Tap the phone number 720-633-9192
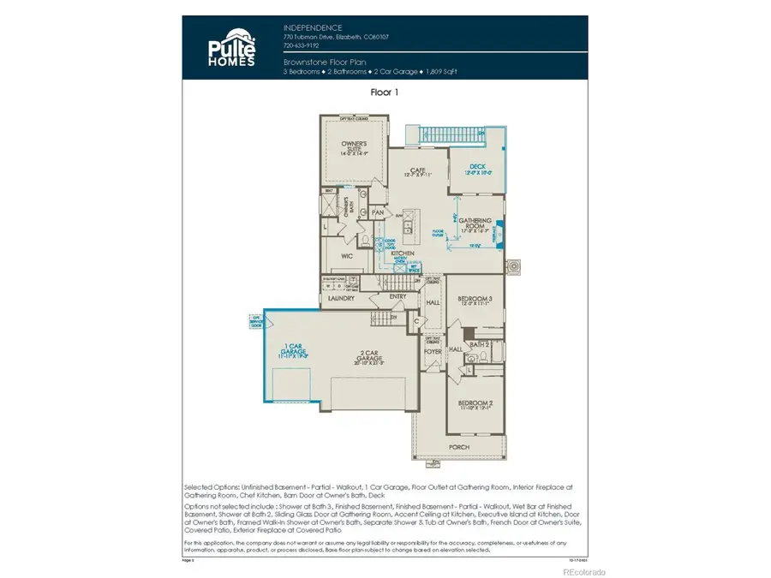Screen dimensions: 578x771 [302, 46]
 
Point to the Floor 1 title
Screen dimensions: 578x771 [385, 91]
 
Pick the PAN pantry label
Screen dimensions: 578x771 [377, 212]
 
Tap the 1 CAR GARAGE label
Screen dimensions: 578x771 [294, 349]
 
